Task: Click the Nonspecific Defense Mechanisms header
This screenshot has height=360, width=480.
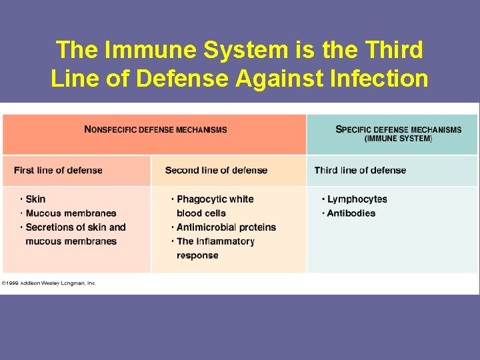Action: click(155, 129)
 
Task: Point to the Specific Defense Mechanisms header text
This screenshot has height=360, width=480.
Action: click(398, 129)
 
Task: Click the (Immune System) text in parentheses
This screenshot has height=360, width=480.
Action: click(398, 139)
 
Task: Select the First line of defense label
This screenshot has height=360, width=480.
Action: click(58, 171)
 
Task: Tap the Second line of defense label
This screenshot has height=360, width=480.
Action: click(216, 171)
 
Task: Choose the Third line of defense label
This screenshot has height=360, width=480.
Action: click(360, 171)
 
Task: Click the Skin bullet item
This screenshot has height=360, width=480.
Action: click(35, 199)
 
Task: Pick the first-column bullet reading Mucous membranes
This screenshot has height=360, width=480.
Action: click(71, 213)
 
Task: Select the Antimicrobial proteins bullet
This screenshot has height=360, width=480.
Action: click(226, 227)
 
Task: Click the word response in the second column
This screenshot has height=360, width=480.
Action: click(197, 255)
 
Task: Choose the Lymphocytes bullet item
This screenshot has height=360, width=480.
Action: click(357, 199)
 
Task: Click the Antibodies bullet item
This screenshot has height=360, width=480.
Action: click(351, 213)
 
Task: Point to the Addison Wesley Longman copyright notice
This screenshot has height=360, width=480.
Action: click(49, 283)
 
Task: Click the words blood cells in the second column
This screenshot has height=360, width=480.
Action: click(201, 213)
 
